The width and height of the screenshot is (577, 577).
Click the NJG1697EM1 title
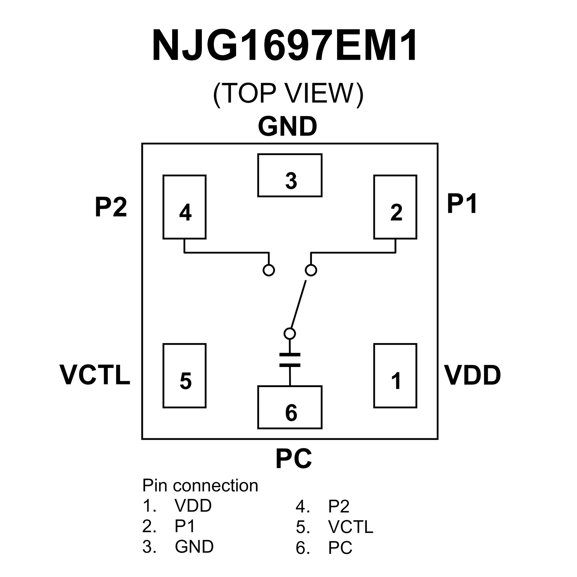click(x=285, y=46)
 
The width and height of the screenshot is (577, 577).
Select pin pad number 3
click(x=290, y=175)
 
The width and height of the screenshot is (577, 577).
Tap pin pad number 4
click(x=185, y=207)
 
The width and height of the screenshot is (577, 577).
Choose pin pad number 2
click(x=395, y=207)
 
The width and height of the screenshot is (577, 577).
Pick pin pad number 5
click(x=185, y=376)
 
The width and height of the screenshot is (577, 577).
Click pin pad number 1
click(x=395, y=376)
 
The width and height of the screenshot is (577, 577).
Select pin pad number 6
click(x=290, y=407)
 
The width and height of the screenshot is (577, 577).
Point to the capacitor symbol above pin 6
click(x=290, y=360)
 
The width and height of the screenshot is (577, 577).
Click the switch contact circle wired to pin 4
click(x=269, y=270)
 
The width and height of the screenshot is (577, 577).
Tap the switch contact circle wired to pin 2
click(x=311, y=270)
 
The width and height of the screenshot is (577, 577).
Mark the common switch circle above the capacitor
click(x=289, y=333)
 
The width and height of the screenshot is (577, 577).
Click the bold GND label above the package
click(x=288, y=127)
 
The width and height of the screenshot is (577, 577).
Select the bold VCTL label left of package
click(x=95, y=375)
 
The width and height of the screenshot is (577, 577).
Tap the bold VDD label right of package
click(x=473, y=375)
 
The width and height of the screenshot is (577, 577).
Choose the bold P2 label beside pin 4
click(x=111, y=207)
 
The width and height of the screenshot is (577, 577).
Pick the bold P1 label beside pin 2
click(x=462, y=204)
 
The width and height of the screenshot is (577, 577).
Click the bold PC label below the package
click(x=294, y=459)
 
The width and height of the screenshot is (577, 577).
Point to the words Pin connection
click(x=200, y=486)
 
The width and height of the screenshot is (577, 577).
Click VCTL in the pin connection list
click(x=350, y=527)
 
